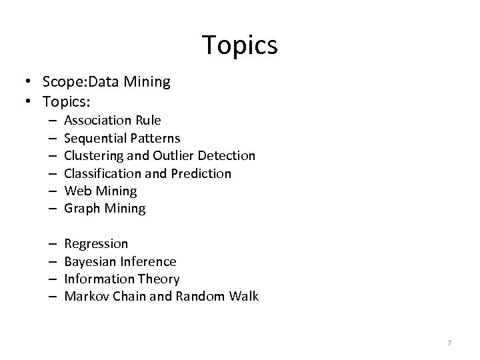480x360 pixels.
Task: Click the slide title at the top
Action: (x=240, y=45)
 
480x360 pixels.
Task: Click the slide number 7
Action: (x=449, y=343)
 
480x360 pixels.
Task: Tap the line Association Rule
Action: (x=112, y=121)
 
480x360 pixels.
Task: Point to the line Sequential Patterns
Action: (x=122, y=138)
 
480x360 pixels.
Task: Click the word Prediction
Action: (x=201, y=173)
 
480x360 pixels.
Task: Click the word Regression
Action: (x=96, y=244)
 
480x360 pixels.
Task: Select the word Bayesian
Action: (x=89, y=261)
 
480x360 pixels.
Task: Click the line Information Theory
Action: (x=122, y=279)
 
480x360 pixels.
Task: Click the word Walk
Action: (x=243, y=296)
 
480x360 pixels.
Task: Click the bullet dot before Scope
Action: (x=30, y=83)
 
